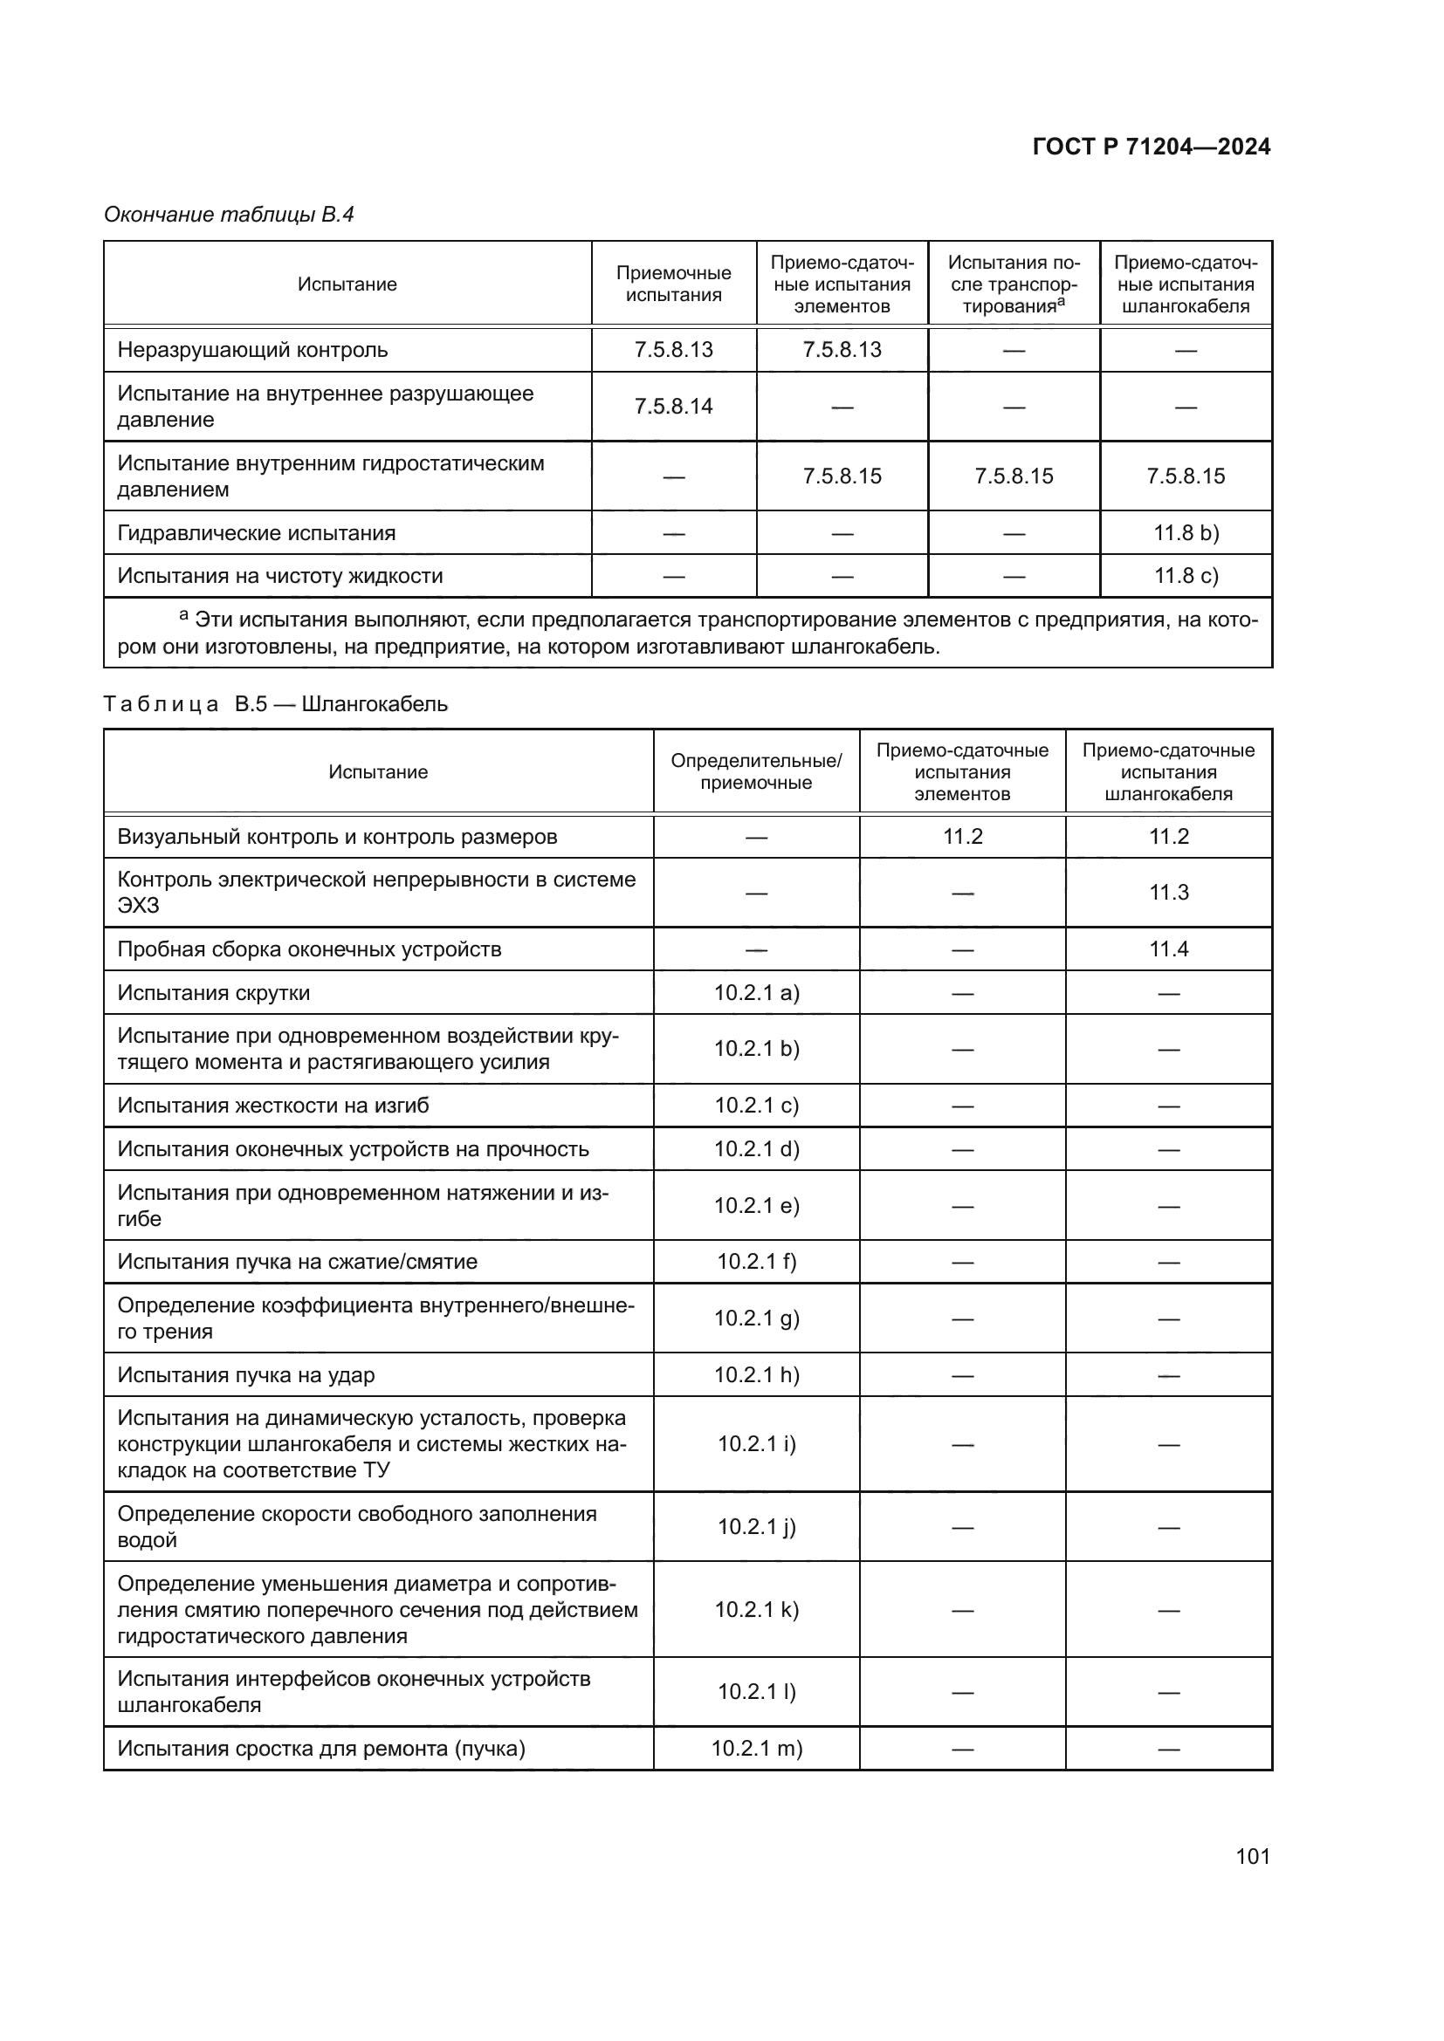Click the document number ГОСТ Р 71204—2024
pyautogui.click(x=1151, y=147)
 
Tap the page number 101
pyautogui.click(x=1252, y=1856)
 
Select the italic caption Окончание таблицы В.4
pyautogui.click(x=229, y=215)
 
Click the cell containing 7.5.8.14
pyautogui.click(x=673, y=407)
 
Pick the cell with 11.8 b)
pyautogui.click(x=1186, y=532)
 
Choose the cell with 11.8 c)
pyautogui.click(x=1186, y=576)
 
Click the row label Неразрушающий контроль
pyautogui.click(x=252, y=349)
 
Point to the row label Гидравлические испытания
pyautogui.click(x=256, y=532)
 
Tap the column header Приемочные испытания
pyautogui.click(x=673, y=284)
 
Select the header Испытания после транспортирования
pyautogui.click(x=1013, y=284)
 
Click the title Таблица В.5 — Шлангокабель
pyautogui.click(x=275, y=704)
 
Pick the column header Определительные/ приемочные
pyautogui.click(x=756, y=771)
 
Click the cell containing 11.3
pyautogui.click(x=1167, y=893)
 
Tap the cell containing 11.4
pyautogui.click(x=1167, y=949)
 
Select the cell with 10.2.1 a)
pyautogui.click(x=756, y=993)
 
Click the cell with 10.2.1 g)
pyautogui.click(x=756, y=1318)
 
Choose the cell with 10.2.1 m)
pyautogui.click(x=756, y=1749)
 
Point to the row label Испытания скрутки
pyautogui.click(x=213, y=993)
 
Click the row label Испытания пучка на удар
pyautogui.click(x=246, y=1375)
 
